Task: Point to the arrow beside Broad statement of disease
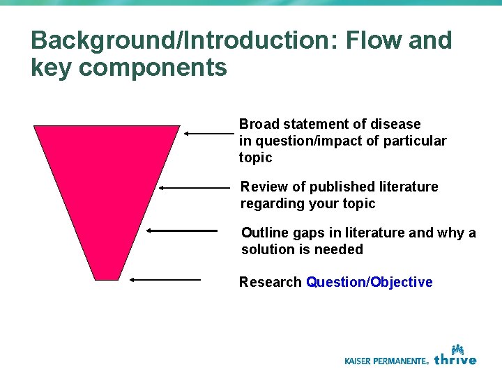[x=208, y=132]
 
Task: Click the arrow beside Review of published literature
[x=194, y=187]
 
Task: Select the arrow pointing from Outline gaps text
[x=183, y=230]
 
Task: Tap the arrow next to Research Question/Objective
[x=165, y=279]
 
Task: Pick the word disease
[x=397, y=124]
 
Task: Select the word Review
[x=261, y=187]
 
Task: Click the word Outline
[x=264, y=233]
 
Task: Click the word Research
[x=270, y=282]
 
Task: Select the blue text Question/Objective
[x=369, y=282]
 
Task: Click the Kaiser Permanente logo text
[x=386, y=361]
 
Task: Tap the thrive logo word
[x=455, y=359]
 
